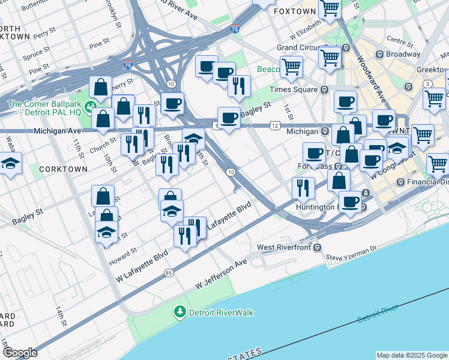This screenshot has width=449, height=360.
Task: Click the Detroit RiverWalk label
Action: coord(221,313)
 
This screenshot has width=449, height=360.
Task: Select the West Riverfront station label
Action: coord(286,247)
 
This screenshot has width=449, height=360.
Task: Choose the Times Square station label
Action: coord(293,89)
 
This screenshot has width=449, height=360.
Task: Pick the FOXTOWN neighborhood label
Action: coord(294,11)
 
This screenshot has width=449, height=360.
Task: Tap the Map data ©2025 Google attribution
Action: coord(412,355)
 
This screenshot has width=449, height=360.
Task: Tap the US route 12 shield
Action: coord(274,125)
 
